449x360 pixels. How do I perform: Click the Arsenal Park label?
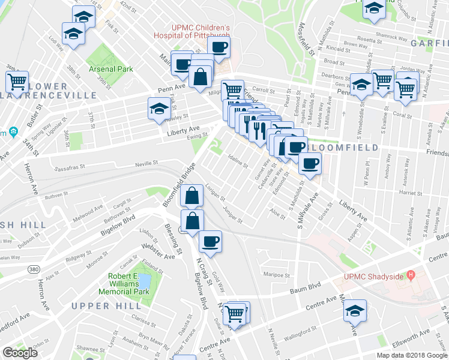coord(111,69)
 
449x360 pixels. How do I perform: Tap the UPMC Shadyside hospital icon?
coord(411,276)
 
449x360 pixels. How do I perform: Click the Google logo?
coord(20,353)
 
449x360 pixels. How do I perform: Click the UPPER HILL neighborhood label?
coord(99,306)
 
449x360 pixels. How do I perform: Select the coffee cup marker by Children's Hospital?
coord(218,47)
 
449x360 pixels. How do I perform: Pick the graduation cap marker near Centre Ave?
coord(354,310)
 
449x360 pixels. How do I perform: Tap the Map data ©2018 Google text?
coord(411,355)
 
